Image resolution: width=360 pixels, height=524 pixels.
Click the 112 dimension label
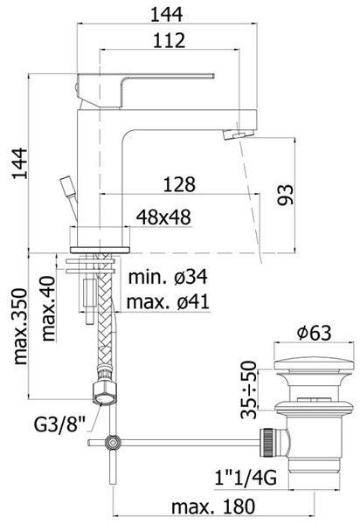[x=170, y=40]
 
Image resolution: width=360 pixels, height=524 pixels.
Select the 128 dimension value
[x=179, y=184]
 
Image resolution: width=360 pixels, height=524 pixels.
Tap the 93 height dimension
[x=286, y=195]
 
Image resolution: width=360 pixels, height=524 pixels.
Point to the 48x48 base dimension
[x=163, y=217]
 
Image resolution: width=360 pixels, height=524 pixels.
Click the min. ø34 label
[x=168, y=277]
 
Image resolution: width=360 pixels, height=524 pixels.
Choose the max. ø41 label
[x=168, y=302]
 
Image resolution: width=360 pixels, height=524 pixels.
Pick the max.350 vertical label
[x=20, y=327]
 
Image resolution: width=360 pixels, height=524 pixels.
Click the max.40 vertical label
[x=48, y=308]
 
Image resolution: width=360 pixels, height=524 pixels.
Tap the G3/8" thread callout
[x=59, y=424]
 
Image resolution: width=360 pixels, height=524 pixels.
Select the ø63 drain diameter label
[x=315, y=333]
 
